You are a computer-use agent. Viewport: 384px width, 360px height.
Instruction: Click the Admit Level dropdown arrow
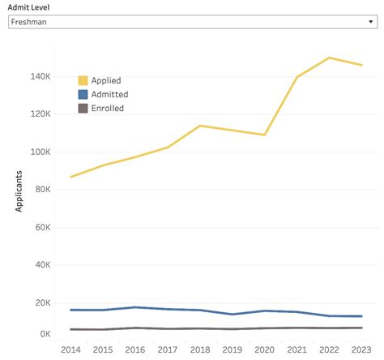pyautogui.click(x=369, y=23)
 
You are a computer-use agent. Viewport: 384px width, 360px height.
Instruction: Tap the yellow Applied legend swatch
pyautogui.click(x=83, y=80)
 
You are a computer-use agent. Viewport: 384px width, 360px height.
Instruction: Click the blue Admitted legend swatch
pyautogui.click(x=83, y=94)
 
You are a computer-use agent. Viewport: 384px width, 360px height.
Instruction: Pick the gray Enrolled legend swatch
pyautogui.click(x=83, y=108)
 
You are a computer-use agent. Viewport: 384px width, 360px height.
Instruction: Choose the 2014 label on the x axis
pyautogui.click(x=71, y=349)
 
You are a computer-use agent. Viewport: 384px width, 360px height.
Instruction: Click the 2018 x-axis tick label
pyautogui.click(x=200, y=349)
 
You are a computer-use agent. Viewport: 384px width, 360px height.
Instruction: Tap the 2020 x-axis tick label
pyautogui.click(x=265, y=349)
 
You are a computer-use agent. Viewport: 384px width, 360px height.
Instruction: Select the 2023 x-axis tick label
pyautogui.click(x=361, y=349)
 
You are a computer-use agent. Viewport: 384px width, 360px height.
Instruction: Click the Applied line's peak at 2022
pyautogui.click(x=329, y=58)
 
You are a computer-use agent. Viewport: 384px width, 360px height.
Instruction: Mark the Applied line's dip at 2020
pyautogui.click(x=265, y=135)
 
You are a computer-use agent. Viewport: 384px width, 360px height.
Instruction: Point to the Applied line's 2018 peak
pyautogui.click(x=200, y=126)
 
